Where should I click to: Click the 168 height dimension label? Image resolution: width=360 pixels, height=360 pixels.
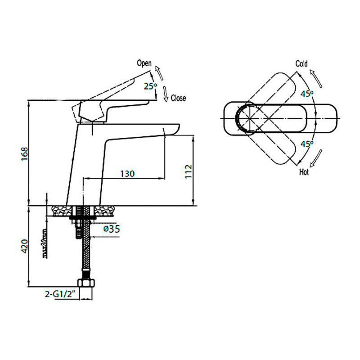coord(25,153)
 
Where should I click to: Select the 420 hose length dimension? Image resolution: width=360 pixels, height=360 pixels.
coord(25,246)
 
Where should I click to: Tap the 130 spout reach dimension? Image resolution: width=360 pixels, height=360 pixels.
coord(127,174)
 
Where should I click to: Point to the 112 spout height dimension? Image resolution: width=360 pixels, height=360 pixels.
coord(188,171)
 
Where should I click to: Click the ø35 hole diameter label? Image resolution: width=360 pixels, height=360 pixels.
coord(112,229)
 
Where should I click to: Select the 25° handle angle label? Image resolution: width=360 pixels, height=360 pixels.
coord(151,86)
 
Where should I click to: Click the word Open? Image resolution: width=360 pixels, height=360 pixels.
coord(144,63)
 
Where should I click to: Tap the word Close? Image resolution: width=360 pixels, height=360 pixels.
coord(178,98)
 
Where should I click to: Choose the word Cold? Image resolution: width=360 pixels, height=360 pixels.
coord(301,63)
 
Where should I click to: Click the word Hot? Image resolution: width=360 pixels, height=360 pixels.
coord(304,172)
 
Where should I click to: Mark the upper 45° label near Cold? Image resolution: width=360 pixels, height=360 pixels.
coord(307,94)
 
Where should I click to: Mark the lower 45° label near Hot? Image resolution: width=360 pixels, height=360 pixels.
coord(307,144)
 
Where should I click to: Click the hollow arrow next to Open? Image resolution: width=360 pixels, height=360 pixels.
coord(159,73)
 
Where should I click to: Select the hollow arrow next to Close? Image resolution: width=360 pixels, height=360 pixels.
coord(166,94)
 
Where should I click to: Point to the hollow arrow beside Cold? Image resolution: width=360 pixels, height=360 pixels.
coord(316,78)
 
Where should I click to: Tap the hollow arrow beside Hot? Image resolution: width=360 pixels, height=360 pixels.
coord(316,158)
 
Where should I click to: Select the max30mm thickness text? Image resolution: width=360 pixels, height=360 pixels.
coord(45,243)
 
